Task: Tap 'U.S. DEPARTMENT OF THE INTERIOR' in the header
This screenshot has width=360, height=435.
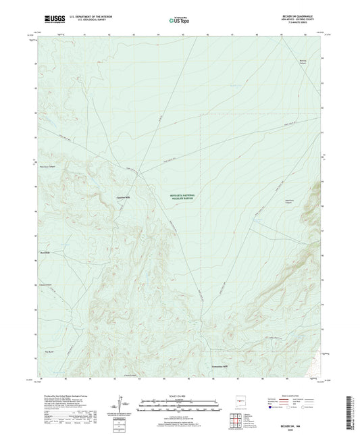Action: click(x=83, y=15)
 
